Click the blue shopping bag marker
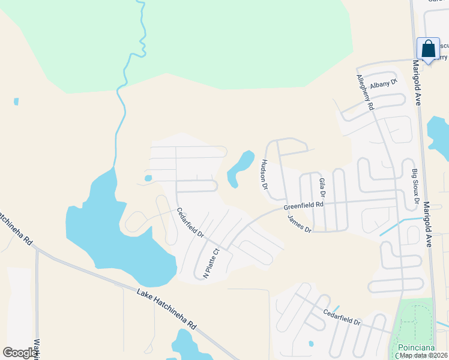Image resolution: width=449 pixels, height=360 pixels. pyautogui.click(x=429, y=49)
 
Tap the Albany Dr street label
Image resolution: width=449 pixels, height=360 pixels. pyautogui.click(x=384, y=85)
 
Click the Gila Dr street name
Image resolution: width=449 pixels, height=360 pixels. pyautogui.click(x=322, y=188)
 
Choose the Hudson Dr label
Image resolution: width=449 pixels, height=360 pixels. pyautogui.click(x=264, y=174)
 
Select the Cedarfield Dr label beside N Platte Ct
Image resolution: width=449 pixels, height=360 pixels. pyautogui.click(x=190, y=223)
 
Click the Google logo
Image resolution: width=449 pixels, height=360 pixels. pyautogui.click(x=20, y=353)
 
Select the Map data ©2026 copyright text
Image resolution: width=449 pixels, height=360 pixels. pyautogui.click(x=424, y=355)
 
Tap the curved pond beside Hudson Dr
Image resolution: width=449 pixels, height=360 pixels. pyautogui.click(x=238, y=169)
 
